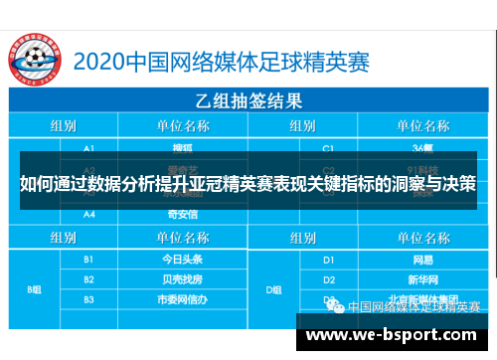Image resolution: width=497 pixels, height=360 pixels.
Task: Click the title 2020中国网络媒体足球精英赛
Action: tap(243, 60)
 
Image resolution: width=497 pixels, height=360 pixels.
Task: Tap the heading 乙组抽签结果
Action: tap(250, 101)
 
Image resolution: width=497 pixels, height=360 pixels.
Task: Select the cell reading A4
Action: tap(89, 214)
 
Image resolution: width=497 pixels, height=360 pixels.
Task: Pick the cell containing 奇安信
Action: tap(181, 214)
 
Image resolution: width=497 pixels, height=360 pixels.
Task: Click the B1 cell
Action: tap(89, 258)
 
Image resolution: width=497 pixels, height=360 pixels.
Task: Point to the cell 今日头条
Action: tap(181, 258)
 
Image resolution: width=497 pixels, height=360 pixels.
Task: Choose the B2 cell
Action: tap(89, 278)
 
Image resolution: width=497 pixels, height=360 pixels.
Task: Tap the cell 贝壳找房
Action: tap(181, 278)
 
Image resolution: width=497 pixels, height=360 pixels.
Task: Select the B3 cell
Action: tap(89, 298)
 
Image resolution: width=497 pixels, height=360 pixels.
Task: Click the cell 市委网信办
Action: tap(181, 298)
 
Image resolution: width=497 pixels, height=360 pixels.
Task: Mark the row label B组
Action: tap(35, 289)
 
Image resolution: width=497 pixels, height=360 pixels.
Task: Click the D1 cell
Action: tap(328, 258)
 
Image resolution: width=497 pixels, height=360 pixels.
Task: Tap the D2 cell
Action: tap(328, 278)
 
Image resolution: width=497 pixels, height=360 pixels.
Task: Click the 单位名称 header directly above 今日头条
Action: tap(181, 237)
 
